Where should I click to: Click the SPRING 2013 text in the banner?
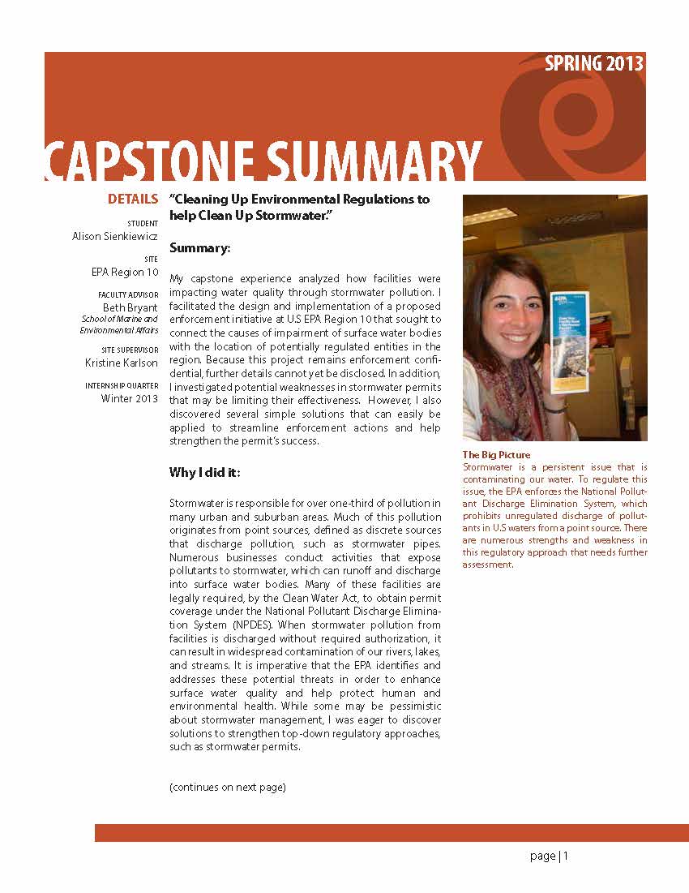(594, 64)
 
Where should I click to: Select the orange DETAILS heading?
(133, 199)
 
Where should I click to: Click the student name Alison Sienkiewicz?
(115, 236)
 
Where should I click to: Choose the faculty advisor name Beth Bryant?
(130, 307)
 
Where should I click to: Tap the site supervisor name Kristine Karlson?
(122, 363)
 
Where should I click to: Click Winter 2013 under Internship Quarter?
(130, 398)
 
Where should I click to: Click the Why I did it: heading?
(204, 472)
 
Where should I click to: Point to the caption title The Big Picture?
(496, 455)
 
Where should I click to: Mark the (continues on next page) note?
(228, 787)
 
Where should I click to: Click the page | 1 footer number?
(550, 856)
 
